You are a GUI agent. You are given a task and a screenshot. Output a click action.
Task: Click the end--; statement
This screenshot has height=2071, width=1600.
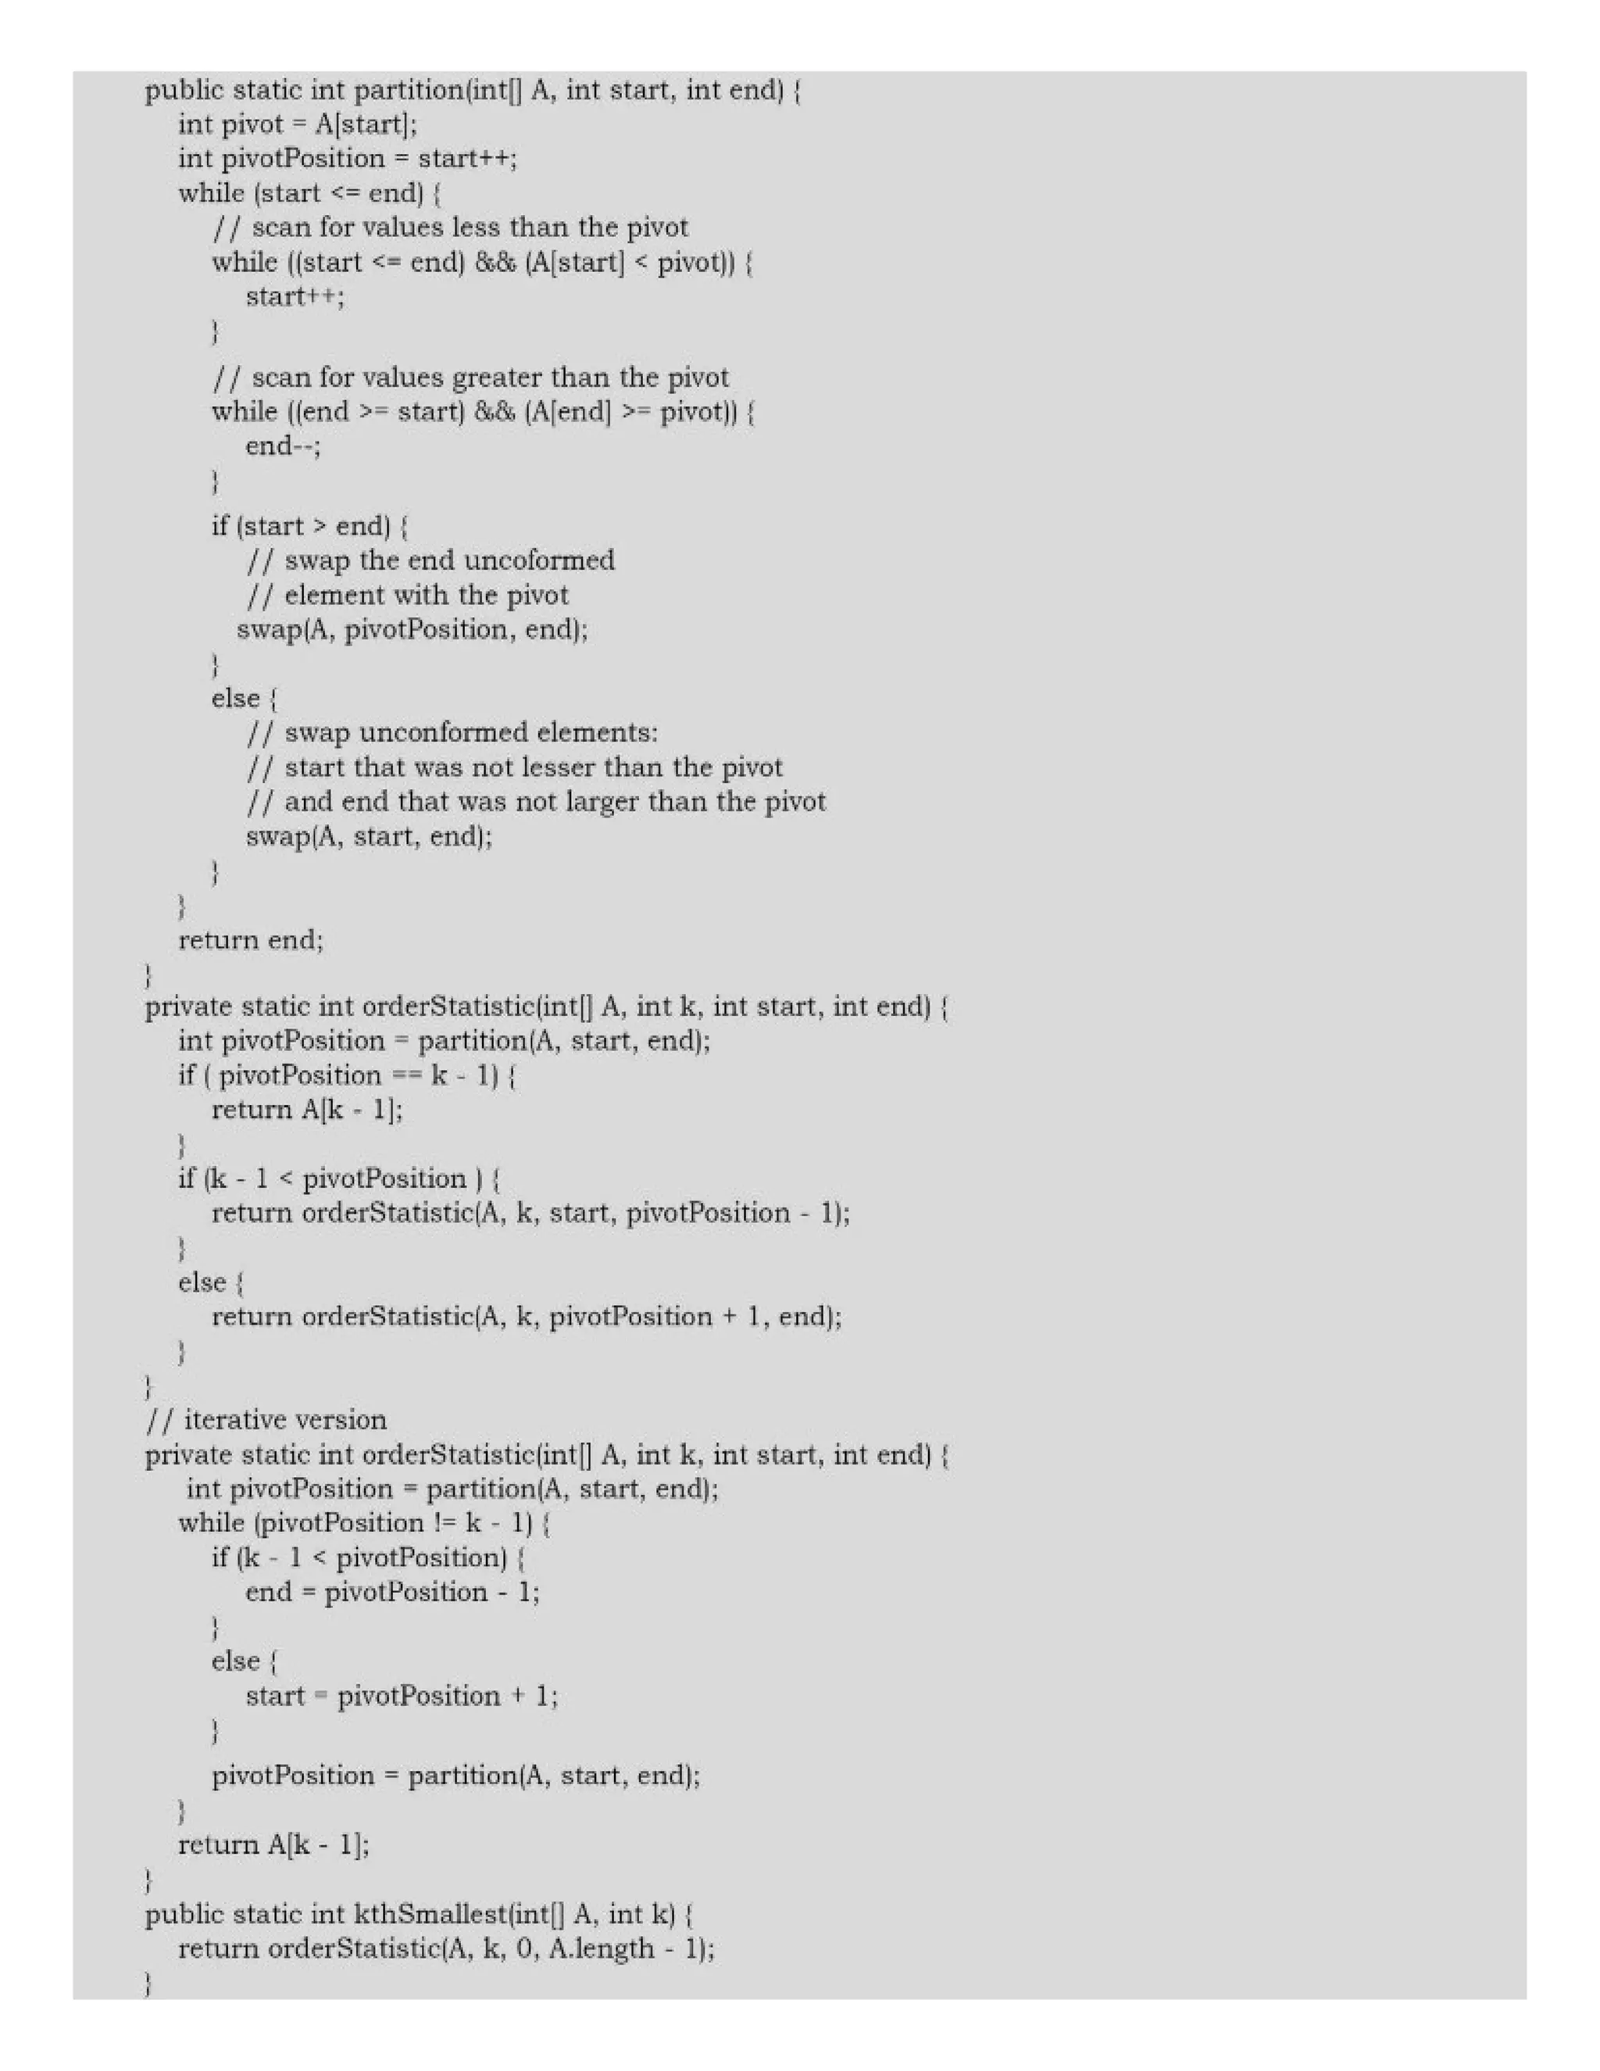(x=284, y=445)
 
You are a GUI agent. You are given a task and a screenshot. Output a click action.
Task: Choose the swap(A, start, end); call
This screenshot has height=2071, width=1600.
(x=369, y=836)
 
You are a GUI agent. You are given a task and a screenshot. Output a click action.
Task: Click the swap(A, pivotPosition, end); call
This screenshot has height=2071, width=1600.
(x=412, y=630)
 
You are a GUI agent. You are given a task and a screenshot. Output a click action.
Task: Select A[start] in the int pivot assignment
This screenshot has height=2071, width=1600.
(x=364, y=124)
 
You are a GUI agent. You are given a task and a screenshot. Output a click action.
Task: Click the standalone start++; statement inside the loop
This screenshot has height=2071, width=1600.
(x=295, y=297)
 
